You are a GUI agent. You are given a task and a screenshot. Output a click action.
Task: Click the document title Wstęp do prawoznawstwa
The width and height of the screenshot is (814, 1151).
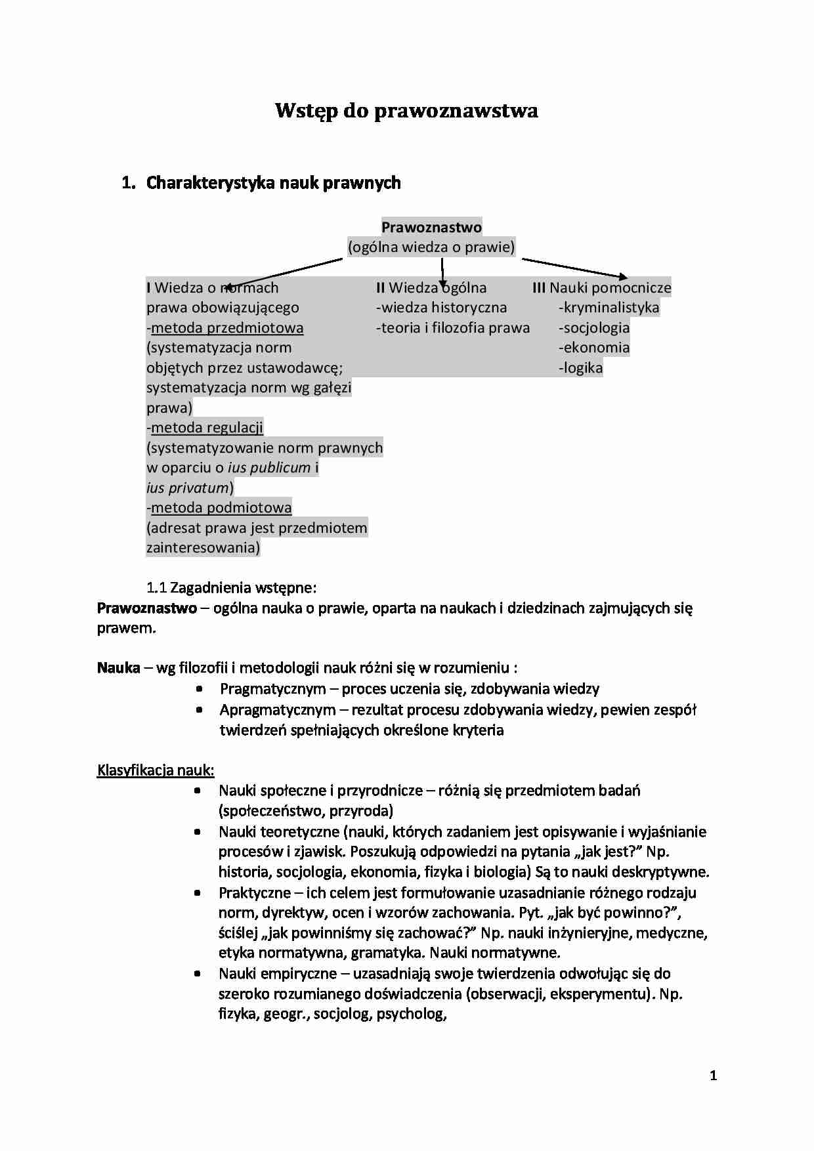click(406, 110)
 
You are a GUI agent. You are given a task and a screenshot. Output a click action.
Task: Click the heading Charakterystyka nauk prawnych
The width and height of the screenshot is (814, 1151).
click(273, 182)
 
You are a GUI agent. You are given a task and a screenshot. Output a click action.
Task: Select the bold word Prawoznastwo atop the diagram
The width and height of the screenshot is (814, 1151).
click(431, 227)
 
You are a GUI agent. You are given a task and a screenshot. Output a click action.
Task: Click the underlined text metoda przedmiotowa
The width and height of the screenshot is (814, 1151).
click(227, 327)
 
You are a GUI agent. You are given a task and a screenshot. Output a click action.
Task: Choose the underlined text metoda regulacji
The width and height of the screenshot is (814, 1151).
click(207, 428)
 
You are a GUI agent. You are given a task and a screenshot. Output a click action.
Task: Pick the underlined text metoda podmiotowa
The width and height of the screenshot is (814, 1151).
click(221, 507)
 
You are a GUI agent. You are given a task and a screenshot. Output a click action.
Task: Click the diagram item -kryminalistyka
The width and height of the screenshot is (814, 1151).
click(609, 307)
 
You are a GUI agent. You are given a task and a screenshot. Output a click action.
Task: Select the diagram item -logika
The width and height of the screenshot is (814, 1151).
click(581, 367)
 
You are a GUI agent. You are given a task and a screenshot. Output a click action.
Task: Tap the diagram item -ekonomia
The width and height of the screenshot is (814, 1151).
click(594, 347)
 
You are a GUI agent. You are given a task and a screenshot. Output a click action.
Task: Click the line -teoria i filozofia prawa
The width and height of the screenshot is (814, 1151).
click(453, 327)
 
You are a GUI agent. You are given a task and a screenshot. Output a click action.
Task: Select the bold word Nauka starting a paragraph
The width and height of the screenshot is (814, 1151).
click(119, 668)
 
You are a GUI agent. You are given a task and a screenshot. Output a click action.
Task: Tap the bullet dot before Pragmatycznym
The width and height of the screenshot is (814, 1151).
click(199, 689)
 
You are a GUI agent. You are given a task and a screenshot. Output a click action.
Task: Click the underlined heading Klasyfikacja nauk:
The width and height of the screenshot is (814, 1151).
click(156, 770)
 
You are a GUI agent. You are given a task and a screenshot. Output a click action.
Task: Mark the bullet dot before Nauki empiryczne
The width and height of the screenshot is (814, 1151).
click(198, 974)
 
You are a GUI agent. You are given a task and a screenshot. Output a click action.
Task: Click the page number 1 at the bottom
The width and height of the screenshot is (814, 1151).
click(714, 1076)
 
